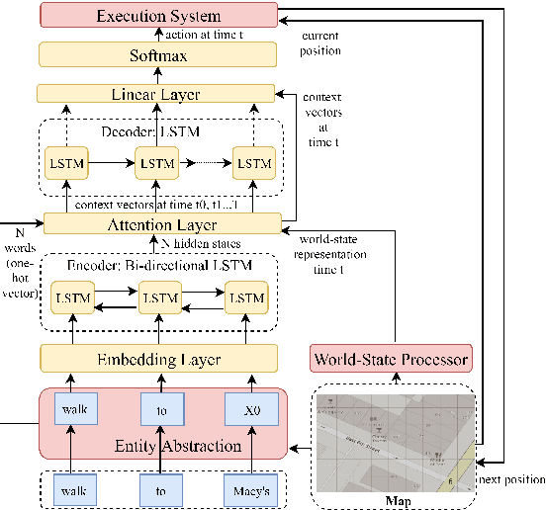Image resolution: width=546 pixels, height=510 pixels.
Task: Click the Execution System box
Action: [x=158, y=15]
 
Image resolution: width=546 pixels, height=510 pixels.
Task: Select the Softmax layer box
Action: [x=158, y=55]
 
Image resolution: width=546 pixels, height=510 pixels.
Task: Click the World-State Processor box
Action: [x=390, y=358]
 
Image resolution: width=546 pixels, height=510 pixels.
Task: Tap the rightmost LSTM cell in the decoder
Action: [x=254, y=163]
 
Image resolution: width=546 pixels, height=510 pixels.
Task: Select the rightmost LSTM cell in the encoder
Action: [x=247, y=297]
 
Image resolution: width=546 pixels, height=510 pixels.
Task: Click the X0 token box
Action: [x=254, y=410]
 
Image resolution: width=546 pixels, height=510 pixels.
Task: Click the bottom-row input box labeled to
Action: [x=162, y=487]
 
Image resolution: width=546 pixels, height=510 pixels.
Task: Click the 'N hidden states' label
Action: [x=205, y=244]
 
